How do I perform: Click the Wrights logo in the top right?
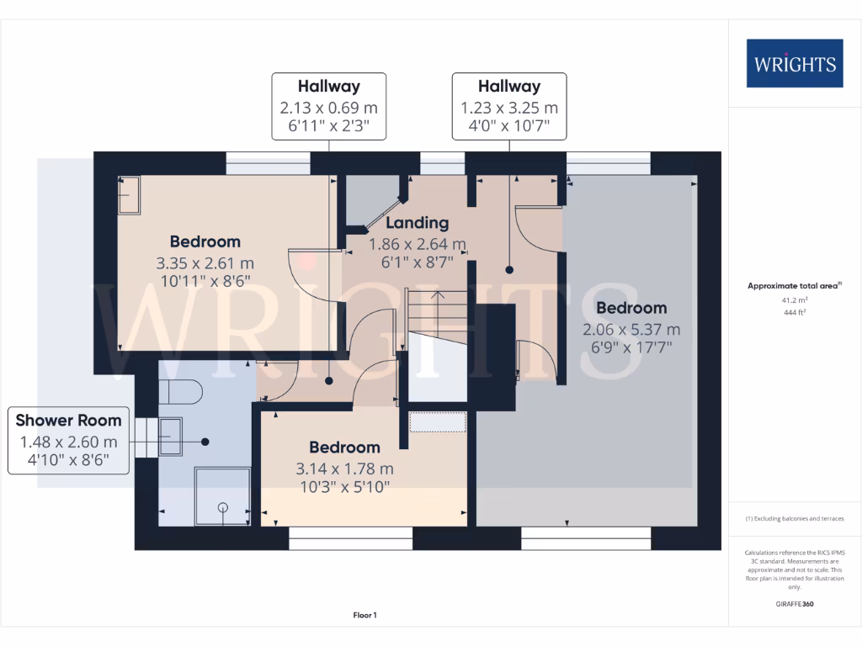794,64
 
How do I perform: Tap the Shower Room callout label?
69,440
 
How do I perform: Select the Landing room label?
417,223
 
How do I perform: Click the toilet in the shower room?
182,392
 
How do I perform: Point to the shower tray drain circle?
223,507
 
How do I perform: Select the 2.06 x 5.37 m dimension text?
631,329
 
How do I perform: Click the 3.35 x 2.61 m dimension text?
205,262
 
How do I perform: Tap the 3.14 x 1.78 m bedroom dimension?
344,469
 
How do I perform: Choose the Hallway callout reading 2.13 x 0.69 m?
328,106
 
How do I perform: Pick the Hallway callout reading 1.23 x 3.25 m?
508,106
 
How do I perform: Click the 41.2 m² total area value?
795,299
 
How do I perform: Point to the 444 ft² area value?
795,312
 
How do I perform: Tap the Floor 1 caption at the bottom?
364,616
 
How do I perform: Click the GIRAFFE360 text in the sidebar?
795,604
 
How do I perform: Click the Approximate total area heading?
793,286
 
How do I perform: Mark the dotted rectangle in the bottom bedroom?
438,421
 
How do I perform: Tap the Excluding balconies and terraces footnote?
794,519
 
